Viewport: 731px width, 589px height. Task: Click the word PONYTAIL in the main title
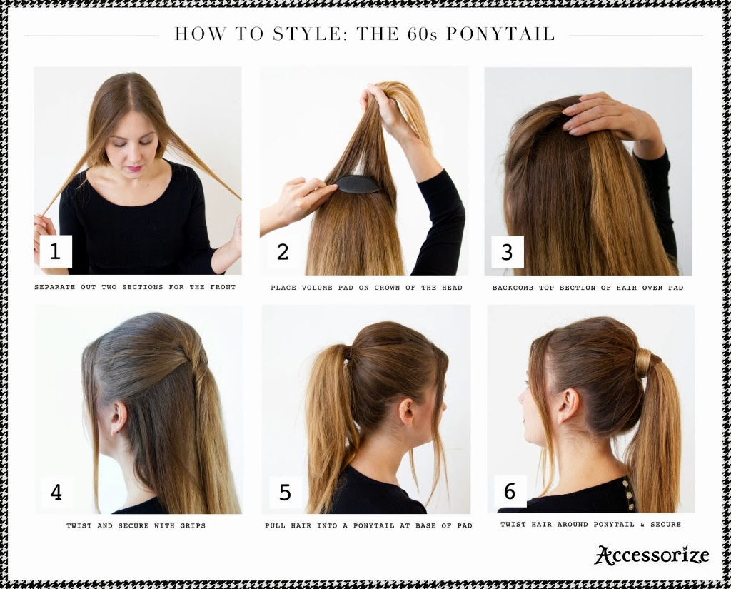tap(500, 34)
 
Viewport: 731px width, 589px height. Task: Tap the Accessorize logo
tap(652, 555)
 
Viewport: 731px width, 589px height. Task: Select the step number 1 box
tap(56, 251)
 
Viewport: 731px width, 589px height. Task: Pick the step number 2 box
tap(283, 252)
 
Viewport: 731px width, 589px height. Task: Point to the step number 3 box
tap(508, 252)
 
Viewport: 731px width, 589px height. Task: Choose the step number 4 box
tap(56, 493)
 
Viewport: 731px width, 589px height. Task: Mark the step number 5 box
tap(285, 493)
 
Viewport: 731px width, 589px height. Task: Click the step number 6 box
tap(510, 491)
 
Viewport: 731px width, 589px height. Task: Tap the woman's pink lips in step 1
tap(135, 168)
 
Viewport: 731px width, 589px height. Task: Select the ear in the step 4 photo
tap(119, 418)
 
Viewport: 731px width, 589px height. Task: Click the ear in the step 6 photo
tap(568, 406)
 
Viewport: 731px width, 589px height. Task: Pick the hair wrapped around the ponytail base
tap(644, 363)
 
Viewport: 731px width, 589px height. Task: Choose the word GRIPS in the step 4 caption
tap(193, 525)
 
